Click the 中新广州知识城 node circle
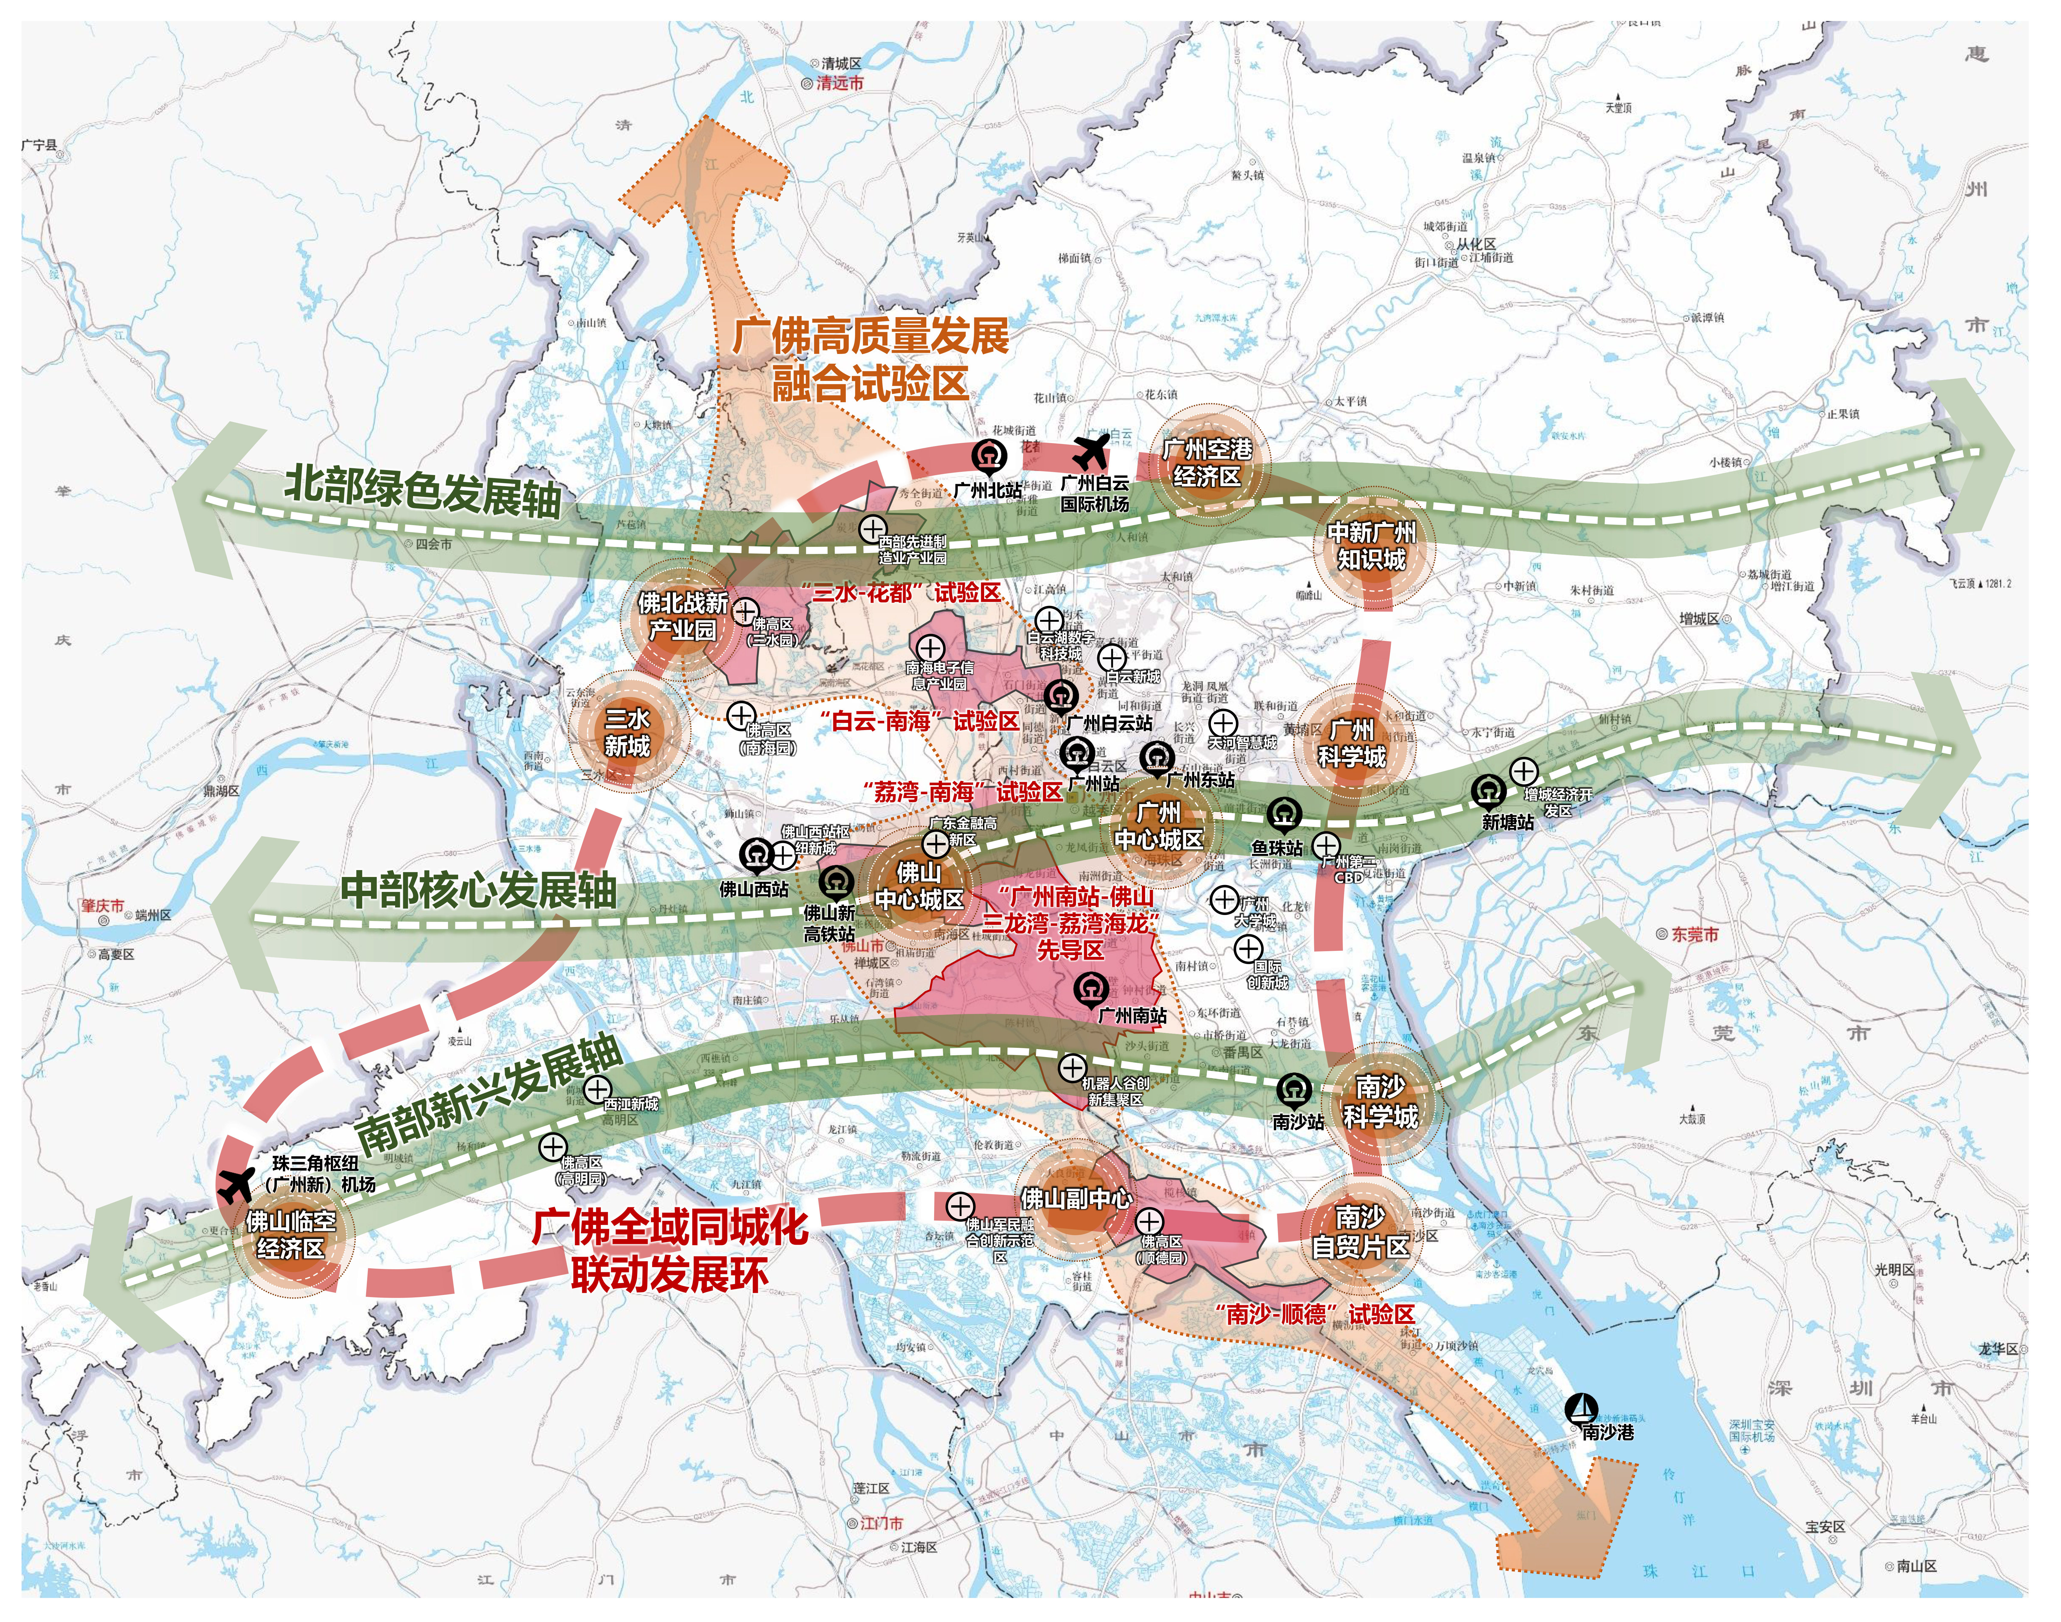pyautogui.click(x=1371, y=546)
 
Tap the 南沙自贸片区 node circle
pyautogui.click(x=1360, y=1232)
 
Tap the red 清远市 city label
pyautogui.click(x=840, y=83)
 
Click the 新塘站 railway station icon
pyautogui.click(x=1488, y=791)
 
